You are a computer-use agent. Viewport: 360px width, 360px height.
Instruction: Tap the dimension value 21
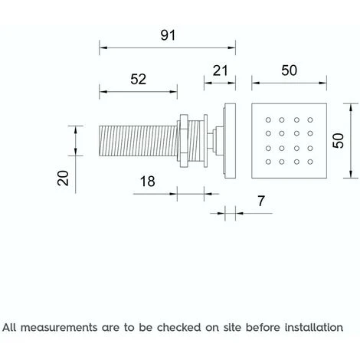(221, 71)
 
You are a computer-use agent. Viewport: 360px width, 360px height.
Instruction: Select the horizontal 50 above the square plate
(289, 71)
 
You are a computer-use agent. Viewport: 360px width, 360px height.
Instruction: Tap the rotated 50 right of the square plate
(339, 139)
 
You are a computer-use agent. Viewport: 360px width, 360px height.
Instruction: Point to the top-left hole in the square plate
(269, 120)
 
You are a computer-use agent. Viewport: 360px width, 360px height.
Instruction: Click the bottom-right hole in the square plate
(309, 160)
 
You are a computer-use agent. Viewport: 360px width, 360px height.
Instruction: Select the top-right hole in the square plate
(309, 120)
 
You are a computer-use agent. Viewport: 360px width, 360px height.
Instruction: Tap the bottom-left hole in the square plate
(269, 160)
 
